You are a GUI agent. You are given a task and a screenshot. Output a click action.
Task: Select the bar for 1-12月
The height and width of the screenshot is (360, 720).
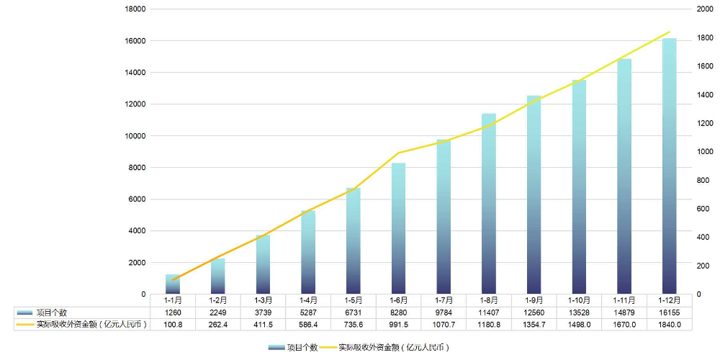669,166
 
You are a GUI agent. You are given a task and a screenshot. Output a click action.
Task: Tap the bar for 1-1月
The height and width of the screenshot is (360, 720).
172,284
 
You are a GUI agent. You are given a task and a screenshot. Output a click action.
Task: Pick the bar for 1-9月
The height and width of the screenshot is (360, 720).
534,194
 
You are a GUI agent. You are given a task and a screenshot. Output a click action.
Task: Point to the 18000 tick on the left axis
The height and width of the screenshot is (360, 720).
136,9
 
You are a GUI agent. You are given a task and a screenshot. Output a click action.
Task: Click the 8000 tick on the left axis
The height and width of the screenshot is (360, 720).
138,168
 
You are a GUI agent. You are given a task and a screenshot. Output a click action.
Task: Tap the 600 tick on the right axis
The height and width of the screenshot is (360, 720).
701,209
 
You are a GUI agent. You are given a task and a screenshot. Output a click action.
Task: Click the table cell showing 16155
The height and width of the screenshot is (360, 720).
669,312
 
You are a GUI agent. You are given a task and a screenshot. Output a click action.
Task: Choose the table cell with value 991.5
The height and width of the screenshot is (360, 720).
398,325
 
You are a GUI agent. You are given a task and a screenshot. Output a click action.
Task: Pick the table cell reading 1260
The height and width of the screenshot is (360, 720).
172,312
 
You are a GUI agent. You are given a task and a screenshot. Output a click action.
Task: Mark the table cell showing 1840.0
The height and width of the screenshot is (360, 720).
669,325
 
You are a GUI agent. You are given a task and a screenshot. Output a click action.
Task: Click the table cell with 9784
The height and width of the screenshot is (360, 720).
444,312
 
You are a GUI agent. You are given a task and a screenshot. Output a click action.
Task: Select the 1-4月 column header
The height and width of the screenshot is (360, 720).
308,300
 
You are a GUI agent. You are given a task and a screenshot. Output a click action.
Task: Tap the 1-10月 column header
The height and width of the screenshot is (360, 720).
579,300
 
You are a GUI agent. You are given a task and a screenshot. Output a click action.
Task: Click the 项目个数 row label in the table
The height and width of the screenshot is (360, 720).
51,312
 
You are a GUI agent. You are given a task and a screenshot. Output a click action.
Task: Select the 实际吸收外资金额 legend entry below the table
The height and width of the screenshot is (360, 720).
393,347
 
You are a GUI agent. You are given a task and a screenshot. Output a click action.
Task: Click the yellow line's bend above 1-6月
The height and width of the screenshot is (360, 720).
398,153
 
